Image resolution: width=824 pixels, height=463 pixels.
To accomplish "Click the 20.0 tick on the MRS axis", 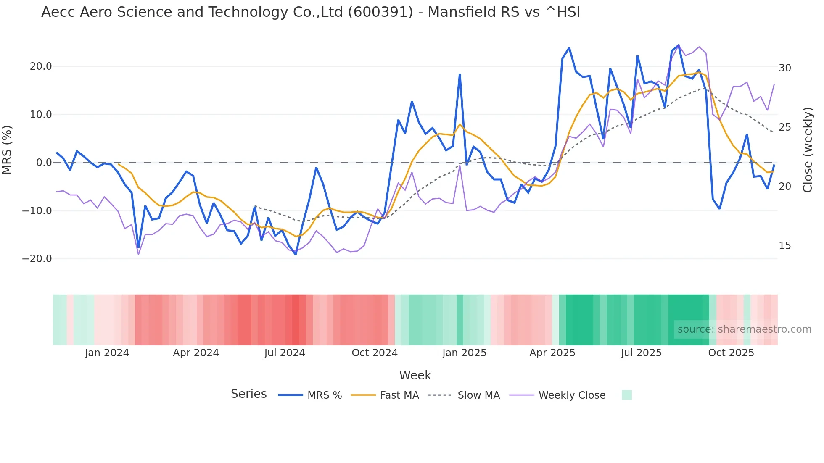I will (41, 66).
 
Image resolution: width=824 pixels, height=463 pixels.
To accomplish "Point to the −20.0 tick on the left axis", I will (37, 259).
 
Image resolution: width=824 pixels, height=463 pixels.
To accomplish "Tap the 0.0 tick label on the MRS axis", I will (44, 163).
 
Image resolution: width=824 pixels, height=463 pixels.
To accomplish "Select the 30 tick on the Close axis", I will (785, 68).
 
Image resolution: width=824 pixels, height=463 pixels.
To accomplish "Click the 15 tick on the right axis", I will (785, 246).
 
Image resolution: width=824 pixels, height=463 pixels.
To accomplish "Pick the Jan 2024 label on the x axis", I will (107, 353).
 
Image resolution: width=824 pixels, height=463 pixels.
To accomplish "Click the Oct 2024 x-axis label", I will (375, 353).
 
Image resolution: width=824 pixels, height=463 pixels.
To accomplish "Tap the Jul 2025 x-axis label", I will (641, 353).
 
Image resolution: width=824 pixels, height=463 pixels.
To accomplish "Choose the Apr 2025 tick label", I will (552, 353).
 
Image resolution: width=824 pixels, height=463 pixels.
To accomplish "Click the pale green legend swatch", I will (627, 395).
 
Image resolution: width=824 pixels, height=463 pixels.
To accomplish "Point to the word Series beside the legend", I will (249, 394).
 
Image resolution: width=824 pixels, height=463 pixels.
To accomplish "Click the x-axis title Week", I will (415, 375).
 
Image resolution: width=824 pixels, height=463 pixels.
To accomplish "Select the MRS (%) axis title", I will (7, 150).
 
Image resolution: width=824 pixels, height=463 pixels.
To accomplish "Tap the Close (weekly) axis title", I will (808, 150).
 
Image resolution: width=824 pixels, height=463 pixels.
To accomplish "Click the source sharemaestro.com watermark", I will (744, 329).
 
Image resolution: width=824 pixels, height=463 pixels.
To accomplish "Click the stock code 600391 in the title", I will (380, 12).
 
